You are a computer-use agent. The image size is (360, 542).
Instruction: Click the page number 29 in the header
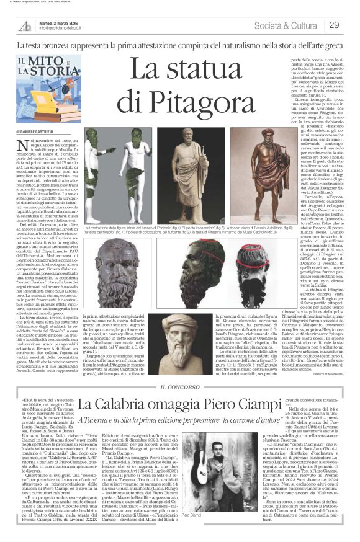point(334,25)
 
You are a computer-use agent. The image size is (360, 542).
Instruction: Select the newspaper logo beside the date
point(24,24)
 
